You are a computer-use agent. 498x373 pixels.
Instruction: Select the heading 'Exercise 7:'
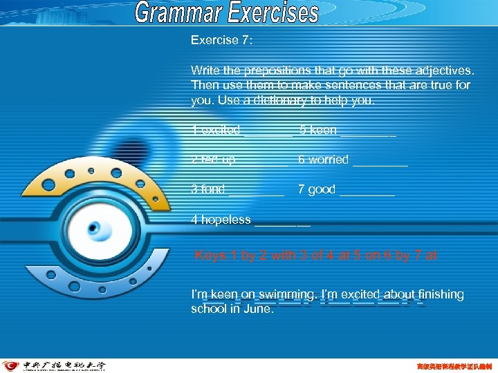coord(222,40)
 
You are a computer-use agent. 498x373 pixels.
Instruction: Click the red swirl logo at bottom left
coord(11,366)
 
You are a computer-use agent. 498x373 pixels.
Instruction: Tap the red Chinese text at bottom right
coord(453,366)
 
